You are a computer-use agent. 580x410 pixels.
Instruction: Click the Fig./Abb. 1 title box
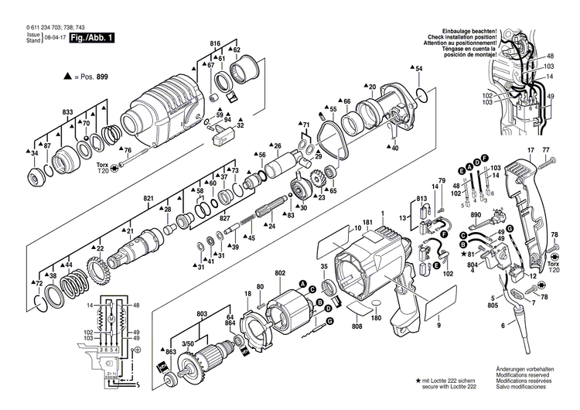92,37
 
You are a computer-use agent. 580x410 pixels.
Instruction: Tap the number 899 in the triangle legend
100,77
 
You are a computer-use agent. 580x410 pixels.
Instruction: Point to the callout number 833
68,113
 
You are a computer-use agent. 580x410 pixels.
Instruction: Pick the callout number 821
148,198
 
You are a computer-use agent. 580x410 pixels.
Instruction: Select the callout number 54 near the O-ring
418,70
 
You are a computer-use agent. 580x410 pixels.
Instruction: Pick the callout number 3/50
187,342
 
